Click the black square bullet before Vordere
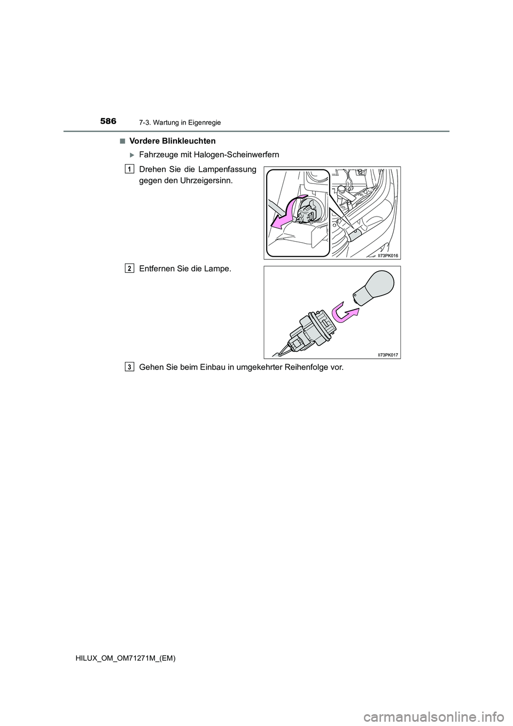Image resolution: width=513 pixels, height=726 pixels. point(123,141)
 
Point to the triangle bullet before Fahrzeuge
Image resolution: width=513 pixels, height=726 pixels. point(133,155)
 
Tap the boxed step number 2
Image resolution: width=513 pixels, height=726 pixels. point(130,268)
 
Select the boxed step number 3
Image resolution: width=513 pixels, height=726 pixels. point(130,367)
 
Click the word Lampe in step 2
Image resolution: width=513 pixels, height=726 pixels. point(220,269)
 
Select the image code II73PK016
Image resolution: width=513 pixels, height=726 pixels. point(388,256)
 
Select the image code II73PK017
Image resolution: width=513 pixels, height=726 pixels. point(388,354)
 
